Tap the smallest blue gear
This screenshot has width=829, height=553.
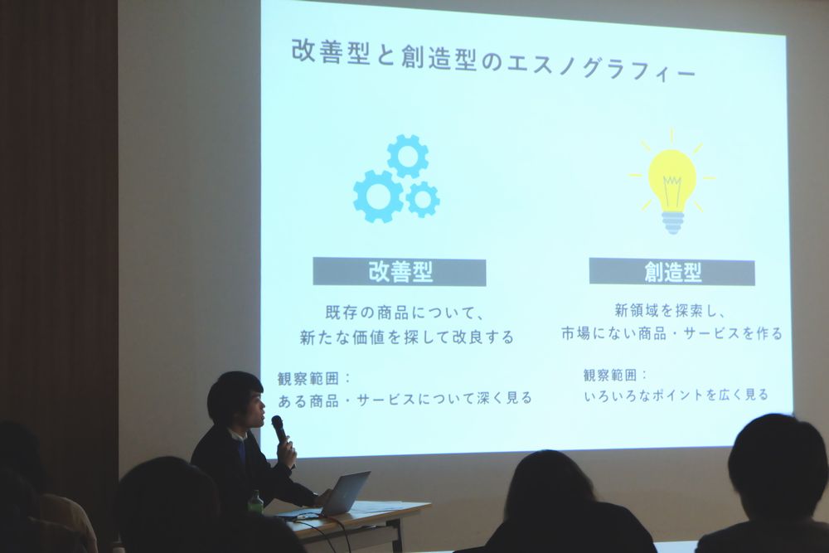(x=423, y=199)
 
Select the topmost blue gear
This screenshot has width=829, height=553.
(x=408, y=156)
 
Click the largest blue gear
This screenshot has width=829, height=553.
(x=379, y=196)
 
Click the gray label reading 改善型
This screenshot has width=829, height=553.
(x=400, y=272)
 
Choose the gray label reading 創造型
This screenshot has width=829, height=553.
(x=672, y=272)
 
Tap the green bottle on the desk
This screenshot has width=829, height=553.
(x=255, y=502)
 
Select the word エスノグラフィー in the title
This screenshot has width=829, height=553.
(x=601, y=66)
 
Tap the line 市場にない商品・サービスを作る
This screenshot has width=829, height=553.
(x=671, y=333)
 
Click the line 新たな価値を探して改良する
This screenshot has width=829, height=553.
(x=406, y=337)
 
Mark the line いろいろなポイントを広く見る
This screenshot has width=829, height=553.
(x=676, y=395)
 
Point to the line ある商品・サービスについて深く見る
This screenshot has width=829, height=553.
(x=405, y=399)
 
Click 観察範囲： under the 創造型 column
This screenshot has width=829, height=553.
(x=615, y=375)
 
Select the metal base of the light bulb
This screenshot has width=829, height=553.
(x=672, y=222)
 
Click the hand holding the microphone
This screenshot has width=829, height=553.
(x=286, y=451)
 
